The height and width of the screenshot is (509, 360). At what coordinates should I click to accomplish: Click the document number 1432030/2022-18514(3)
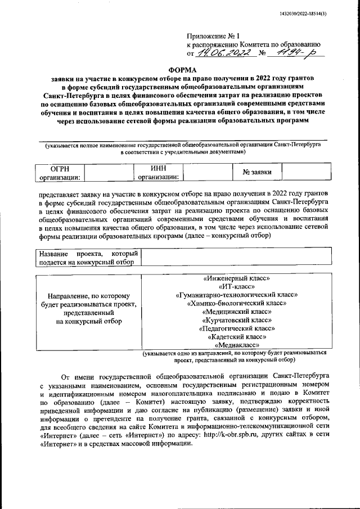tap(317, 14)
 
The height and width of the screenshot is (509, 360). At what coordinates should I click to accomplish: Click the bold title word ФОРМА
tap(180, 69)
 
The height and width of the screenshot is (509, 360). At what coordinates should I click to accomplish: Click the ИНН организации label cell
tap(159, 173)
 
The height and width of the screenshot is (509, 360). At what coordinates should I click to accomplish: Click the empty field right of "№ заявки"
tap(303, 172)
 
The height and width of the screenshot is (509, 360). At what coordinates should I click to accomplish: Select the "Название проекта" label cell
tap(89, 258)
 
